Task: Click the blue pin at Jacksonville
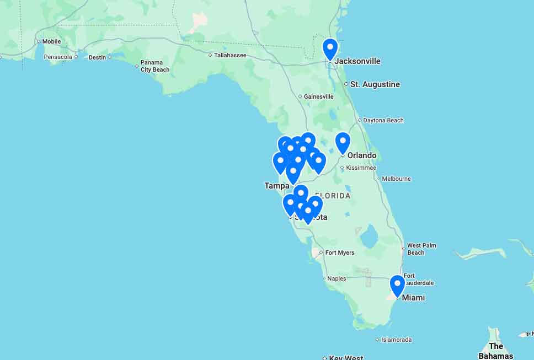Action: click(330, 48)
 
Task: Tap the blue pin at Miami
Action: click(397, 285)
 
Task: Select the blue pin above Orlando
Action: click(343, 142)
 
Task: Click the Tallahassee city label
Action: click(230, 55)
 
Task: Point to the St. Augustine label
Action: click(375, 84)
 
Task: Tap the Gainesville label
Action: click(318, 96)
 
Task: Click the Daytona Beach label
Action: click(383, 120)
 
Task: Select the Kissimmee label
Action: click(361, 168)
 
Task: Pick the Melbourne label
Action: click(396, 179)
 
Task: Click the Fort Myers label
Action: click(340, 253)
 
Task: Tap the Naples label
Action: click(337, 278)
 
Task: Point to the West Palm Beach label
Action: click(421, 249)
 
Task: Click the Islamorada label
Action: click(396, 340)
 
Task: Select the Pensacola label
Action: click(58, 57)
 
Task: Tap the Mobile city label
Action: click(51, 41)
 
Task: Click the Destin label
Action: click(97, 57)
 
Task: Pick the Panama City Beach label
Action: click(155, 66)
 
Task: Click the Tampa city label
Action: click(276, 186)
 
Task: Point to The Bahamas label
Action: click(496, 351)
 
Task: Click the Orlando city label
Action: click(362, 155)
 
